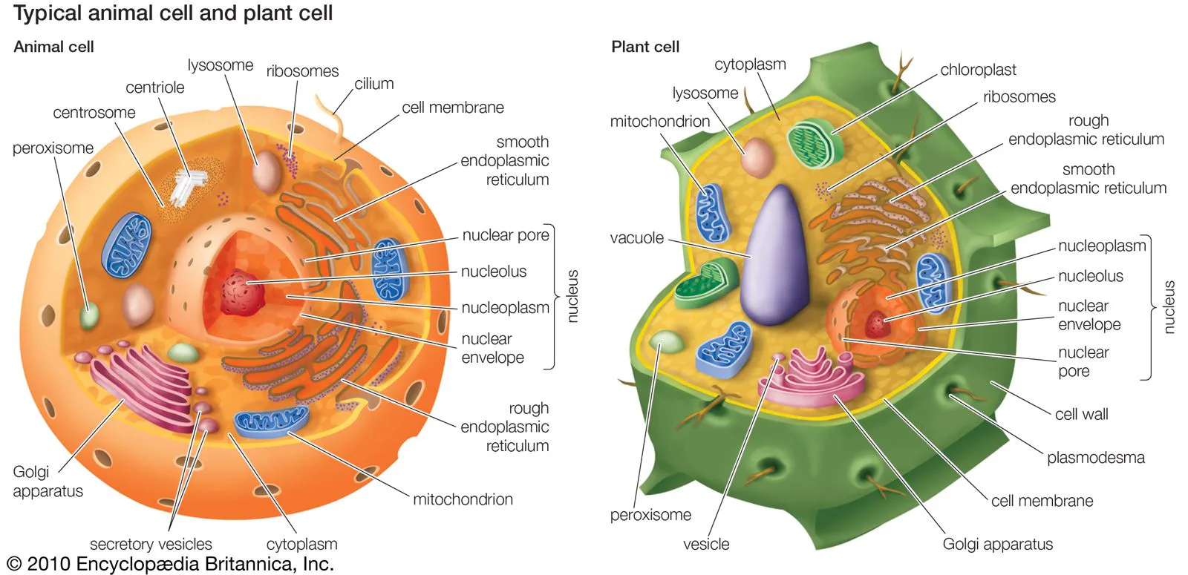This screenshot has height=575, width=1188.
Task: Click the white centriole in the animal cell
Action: pos(187,185)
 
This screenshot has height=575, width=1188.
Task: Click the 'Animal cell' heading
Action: pos(53,47)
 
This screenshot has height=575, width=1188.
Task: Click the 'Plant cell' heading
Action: pos(644,47)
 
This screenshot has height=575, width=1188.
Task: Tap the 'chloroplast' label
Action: pos(978,70)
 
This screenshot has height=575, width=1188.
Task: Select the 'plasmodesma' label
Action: pos(1095,458)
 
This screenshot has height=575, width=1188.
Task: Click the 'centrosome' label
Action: pos(94,113)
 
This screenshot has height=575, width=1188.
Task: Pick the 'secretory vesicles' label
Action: pos(151,544)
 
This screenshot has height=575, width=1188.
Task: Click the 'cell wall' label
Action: pos(1081,415)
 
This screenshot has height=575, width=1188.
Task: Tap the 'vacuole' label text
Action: pos(636,238)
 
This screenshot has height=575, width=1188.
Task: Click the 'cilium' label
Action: pos(373,84)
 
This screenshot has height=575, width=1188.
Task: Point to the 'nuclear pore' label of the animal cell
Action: pos(505,235)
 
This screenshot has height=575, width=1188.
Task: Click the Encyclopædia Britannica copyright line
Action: pos(171,564)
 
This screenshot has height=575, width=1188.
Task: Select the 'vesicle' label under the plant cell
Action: pos(705,544)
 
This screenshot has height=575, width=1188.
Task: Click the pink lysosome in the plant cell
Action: pos(757,157)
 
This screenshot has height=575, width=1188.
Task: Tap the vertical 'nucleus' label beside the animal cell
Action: pos(572,296)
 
